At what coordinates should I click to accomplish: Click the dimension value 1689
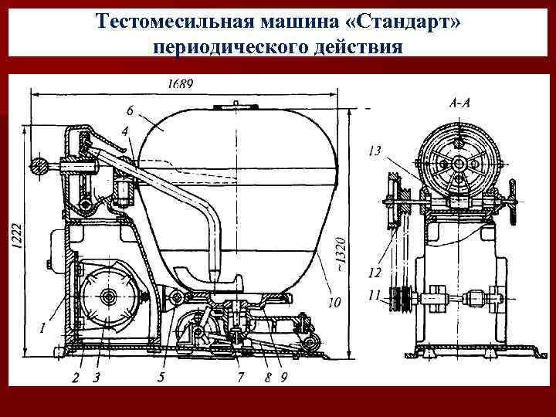(181, 83)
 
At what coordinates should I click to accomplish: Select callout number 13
(375, 152)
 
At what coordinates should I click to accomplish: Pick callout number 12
(375, 272)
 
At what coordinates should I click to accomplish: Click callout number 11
(375, 294)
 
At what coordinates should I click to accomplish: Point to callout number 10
(334, 303)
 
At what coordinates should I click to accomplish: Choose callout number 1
(42, 328)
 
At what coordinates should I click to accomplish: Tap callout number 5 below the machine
(161, 377)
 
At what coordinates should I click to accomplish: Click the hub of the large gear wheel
(107, 297)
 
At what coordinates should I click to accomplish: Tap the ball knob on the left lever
(36, 164)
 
